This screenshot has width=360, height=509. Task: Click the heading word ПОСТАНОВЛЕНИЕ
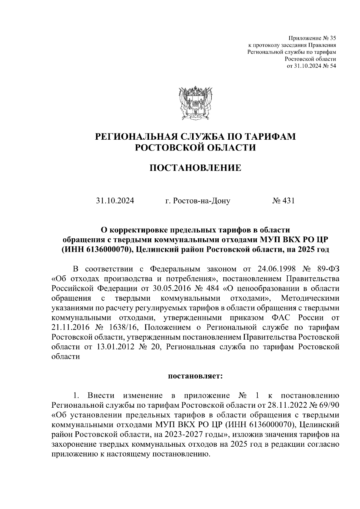pos(195,168)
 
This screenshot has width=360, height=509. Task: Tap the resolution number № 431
pos(283,201)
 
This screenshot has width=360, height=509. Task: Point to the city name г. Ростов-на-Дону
pos(198,201)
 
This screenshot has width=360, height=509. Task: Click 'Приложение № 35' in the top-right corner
pos(312,38)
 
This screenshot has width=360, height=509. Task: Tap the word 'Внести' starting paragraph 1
pos(100,396)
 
